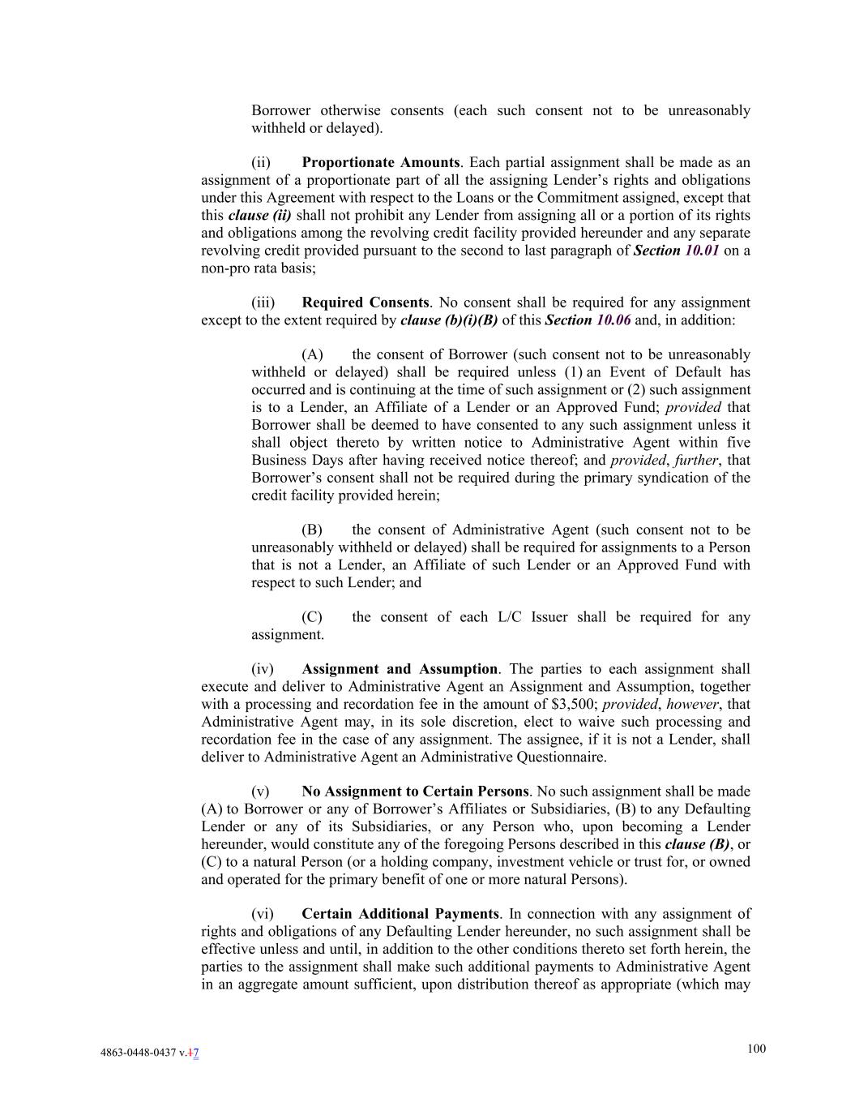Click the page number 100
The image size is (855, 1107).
point(755,1049)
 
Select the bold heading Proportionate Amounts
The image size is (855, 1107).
point(380,162)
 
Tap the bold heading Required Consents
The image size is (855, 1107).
point(365,302)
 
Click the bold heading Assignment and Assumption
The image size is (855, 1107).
point(399,669)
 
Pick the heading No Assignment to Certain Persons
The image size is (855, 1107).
point(415,792)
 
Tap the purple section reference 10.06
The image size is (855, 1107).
point(613,320)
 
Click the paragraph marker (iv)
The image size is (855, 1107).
point(263,669)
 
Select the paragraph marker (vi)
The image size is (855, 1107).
point(263,914)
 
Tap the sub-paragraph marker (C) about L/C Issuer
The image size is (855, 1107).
point(312,617)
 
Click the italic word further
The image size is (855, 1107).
point(696,461)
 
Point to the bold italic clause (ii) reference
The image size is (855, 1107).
point(259,216)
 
